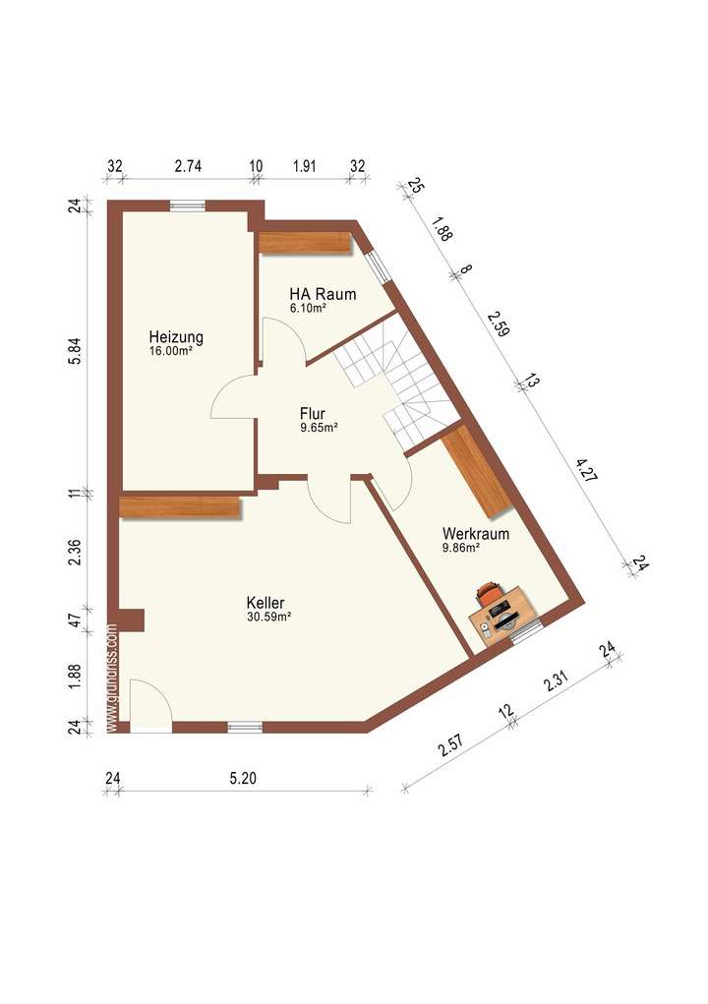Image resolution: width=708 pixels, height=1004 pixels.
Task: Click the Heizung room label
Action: (x=177, y=335)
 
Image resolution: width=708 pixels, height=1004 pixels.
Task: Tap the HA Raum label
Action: (x=323, y=294)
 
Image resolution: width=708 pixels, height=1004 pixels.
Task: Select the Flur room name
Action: (x=313, y=414)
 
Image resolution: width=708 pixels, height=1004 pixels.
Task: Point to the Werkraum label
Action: (x=475, y=534)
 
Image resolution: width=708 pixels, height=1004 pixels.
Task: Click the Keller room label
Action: (x=265, y=603)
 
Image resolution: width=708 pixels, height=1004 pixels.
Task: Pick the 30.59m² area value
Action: (x=268, y=618)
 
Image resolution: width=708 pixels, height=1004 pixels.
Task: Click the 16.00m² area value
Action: (x=170, y=350)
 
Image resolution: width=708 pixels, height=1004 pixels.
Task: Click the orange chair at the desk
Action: (x=489, y=592)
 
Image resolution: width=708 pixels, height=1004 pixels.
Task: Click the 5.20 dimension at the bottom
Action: (x=242, y=779)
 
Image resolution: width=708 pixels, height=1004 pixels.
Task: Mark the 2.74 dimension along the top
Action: (x=188, y=166)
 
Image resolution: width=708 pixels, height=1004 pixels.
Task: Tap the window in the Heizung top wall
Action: (x=187, y=206)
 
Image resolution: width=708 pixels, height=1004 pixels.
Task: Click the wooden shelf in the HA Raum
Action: (x=305, y=242)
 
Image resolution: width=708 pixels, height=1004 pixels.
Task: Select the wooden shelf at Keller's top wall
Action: (x=180, y=506)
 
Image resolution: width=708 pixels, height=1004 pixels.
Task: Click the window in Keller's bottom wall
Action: (x=245, y=727)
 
